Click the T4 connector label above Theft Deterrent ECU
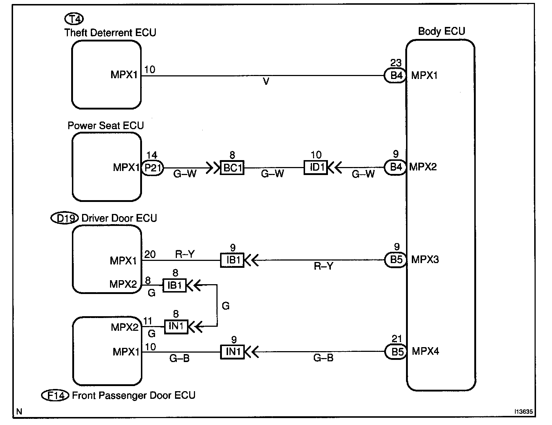coord(74,18)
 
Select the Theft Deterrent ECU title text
coord(110,33)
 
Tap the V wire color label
coord(266,82)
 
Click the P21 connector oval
coord(152,168)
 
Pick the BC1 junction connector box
coord(232,168)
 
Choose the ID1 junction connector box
coord(316,168)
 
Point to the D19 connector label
coord(64,218)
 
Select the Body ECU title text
coord(441,31)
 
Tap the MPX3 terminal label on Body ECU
coord(425,260)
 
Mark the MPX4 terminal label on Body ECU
coord(425,351)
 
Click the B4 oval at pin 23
coord(395,76)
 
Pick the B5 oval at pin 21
coord(396,352)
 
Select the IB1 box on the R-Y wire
coord(232,260)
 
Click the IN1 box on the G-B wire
coord(232,352)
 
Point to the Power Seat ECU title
coord(106,126)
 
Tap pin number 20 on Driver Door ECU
coord(150,254)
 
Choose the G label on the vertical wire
coord(226,306)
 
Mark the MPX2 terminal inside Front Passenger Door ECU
coord(125,327)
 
